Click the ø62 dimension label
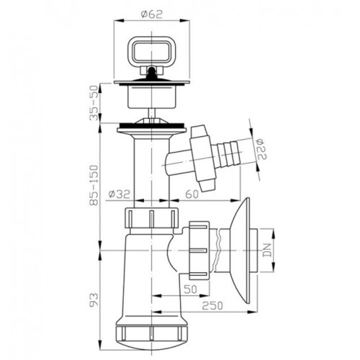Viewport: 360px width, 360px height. pyautogui.click(x=152, y=14)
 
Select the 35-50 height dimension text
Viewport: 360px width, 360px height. pyautogui.click(x=94, y=103)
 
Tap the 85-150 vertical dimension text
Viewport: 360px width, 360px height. pyautogui.click(x=94, y=185)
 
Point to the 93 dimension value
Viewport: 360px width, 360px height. pyautogui.click(x=94, y=300)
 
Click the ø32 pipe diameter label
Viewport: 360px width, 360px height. pyautogui.click(x=119, y=194)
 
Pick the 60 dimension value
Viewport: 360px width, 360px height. pyautogui.click(x=192, y=194)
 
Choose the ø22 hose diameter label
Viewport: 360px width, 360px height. pyautogui.click(x=261, y=149)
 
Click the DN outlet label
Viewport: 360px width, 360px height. pyautogui.click(x=267, y=251)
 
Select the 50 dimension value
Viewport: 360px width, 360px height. pyautogui.click(x=190, y=289)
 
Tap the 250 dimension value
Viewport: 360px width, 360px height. pyautogui.click(x=212, y=306)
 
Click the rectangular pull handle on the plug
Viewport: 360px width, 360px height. pyautogui.click(x=151, y=50)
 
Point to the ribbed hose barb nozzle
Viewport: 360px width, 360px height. pyautogui.click(x=227, y=153)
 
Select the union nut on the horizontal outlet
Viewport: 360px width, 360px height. pyautogui.click(x=199, y=251)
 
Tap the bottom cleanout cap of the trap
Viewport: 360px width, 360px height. pyautogui.click(x=152, y=336)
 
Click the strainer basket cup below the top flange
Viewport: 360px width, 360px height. pyautogui.click(x=152, y=97)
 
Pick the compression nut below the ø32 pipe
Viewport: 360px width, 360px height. pyautogui.click(x=152, y=218)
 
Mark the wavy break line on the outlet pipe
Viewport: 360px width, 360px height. pyautogui.click(x=217, y=249)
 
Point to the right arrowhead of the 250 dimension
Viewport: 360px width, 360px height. pyautogui.click(x=251, y=312)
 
